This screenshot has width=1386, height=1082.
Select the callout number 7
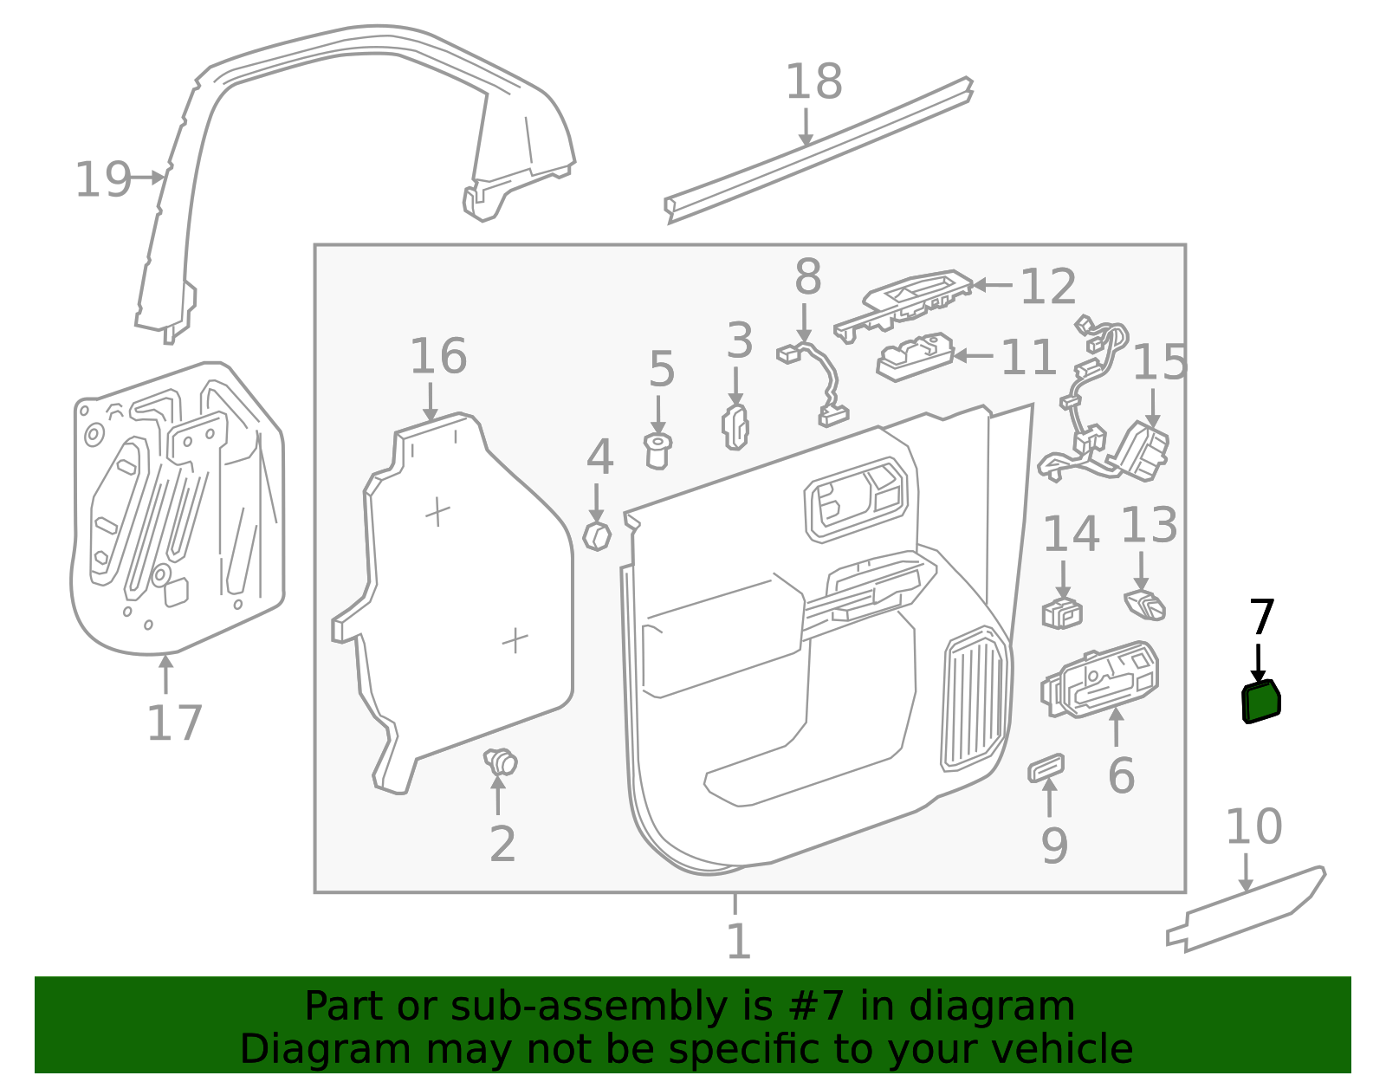[x=1261, y=618]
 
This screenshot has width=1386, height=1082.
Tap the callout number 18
[x=813, y=82]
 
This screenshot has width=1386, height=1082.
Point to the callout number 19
[x=103, y=180]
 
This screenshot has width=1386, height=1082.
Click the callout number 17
[x=174, y=723]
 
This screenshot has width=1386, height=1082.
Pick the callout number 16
[x=437, y=357]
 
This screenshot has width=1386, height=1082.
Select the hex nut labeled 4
[x=597, y=536]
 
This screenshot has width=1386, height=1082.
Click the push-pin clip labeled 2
[x=501, y=763]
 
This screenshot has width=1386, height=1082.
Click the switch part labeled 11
[x=914, y=356]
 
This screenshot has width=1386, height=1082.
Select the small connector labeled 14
[x=1062, y=612]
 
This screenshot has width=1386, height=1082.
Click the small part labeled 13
[x=1144, y=605]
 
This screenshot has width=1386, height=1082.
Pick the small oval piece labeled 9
[x=1046, y=767]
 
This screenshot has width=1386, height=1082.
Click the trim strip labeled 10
[x=1247, y=909]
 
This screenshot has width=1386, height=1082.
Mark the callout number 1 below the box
[x=737, y=941]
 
